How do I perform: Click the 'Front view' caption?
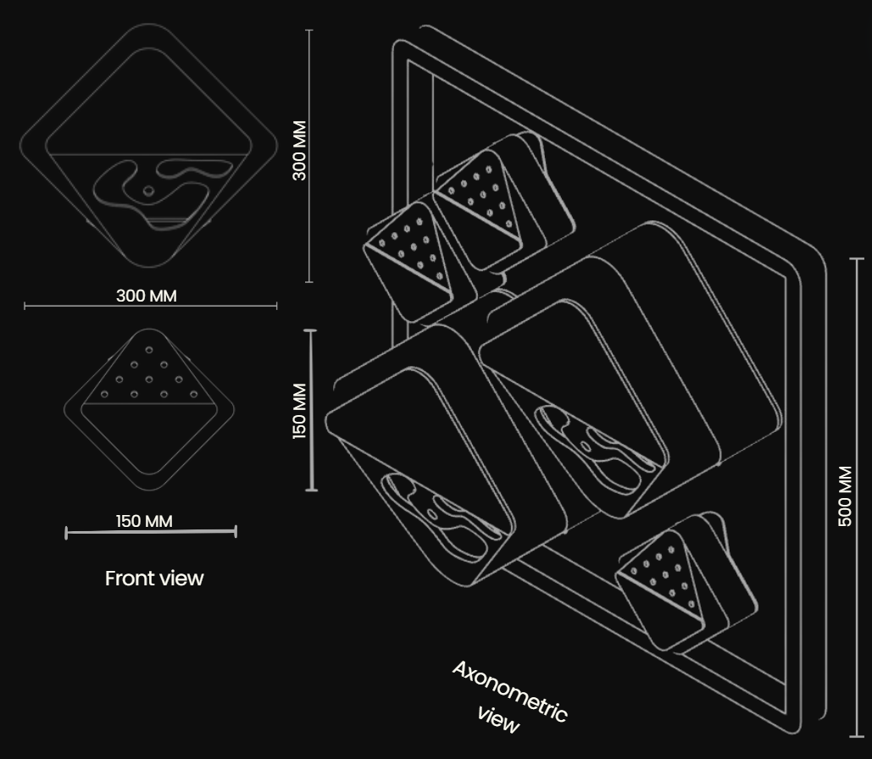[x=154, y=579]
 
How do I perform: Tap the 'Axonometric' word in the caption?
[x=510, y=691]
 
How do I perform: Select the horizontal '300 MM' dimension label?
[x=147, y=296]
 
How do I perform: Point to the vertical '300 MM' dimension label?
[x=299, y=150]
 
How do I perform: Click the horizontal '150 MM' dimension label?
[x=144, y=521]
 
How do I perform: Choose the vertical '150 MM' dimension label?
[x=299, y=411]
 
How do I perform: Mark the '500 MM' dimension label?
[x=845, y=496]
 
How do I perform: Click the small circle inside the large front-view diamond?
[x=148, y=191]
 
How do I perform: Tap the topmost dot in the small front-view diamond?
[x=149, y=350]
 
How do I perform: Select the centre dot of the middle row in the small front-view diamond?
[x=149, y=379]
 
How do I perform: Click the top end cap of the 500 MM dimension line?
[x=857, y=258]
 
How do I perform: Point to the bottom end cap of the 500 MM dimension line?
[x=857, y=737]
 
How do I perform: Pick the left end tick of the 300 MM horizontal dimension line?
[x=25, y=305]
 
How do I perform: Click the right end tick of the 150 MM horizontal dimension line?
[x=236, y=532]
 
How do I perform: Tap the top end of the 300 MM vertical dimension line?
[x=310, y=30]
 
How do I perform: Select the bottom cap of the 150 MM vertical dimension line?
[x=312, y=490]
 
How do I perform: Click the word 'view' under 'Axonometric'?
[x=498, y=721]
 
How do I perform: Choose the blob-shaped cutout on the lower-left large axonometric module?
[x=439, y=514]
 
